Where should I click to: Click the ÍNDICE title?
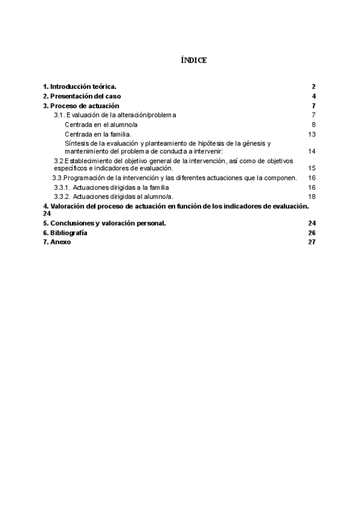click(x=194, y=61)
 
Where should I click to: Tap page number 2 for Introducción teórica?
click(x=314, y=87)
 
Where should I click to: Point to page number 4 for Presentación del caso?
click(x=314, y=97)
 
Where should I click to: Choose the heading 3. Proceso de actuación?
click(x=81, y=106)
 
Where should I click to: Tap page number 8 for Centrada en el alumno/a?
click(x=314, y=124)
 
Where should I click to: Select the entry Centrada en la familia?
click(x=98, y=134)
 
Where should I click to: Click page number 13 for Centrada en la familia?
click(x=312, y=134)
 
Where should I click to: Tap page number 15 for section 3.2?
click(x=312, y=169)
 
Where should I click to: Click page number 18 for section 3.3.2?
click(x=312, y=197)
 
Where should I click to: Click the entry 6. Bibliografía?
click(x=65, y=233)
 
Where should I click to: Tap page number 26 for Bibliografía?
click(x=312, y=233)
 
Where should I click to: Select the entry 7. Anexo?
click(x=57, y=242)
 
